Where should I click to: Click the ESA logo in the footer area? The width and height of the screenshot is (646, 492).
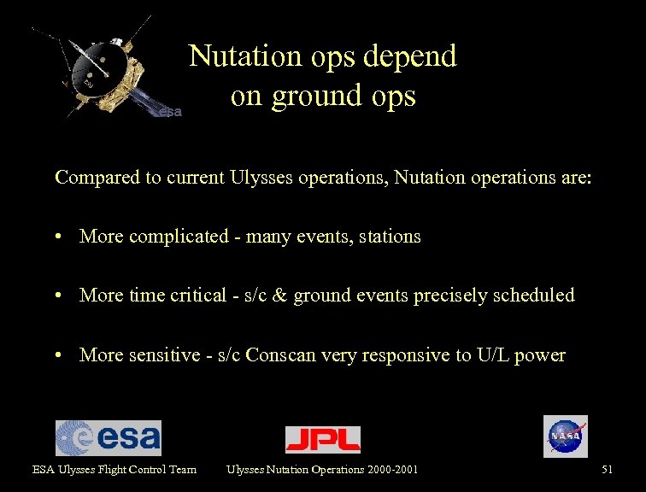tap(108, 438)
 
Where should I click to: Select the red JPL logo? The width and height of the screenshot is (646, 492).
tap(322, 439)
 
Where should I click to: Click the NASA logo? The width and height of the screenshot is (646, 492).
tap(565, 436)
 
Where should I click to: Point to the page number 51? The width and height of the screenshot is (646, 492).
tap(607, 469)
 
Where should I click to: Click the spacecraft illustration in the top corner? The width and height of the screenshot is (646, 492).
tap(103, 73)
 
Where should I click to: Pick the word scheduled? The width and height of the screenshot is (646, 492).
tap(534, 296)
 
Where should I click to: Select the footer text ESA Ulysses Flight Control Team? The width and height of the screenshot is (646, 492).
tap(115, 469)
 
